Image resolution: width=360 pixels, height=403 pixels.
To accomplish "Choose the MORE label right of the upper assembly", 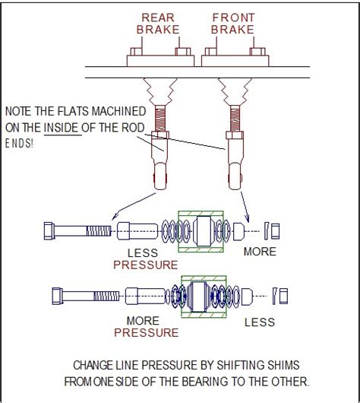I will [261, 251].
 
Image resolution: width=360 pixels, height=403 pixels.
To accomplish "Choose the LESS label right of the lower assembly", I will [261, 322].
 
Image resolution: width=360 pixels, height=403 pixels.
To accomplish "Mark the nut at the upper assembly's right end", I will [276, 229].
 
